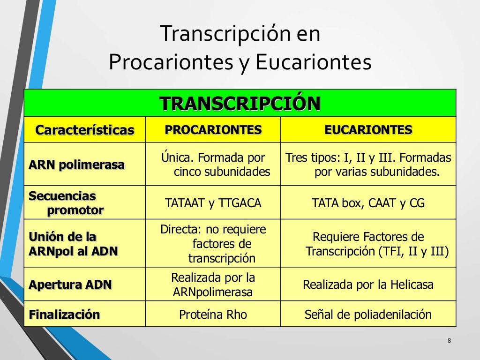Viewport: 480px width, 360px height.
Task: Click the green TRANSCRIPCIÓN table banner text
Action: click(240, 103)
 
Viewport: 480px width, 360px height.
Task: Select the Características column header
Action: click(85, 130)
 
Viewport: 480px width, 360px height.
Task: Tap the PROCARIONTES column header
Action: click(213, 129)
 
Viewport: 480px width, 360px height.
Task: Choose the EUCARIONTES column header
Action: click(368, 129)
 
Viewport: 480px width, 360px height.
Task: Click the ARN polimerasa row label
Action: click(77, 165)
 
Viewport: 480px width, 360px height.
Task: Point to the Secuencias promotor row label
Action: click(66, 202)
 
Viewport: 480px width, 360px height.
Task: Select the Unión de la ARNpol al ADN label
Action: click(73, 244)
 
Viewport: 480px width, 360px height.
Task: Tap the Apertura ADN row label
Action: click(70, 285)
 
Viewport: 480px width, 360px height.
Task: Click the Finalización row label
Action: click(65, 314)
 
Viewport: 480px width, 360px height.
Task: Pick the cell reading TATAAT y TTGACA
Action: click(213, 203)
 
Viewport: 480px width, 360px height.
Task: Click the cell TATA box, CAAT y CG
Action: click(368, 203)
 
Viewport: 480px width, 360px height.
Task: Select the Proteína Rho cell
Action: click(213, 315)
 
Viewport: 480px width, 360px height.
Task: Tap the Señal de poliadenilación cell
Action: click(368, 315)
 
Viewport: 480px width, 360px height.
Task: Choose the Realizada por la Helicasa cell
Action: click(368, 285)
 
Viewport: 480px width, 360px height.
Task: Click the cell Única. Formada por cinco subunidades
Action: click(213, 165)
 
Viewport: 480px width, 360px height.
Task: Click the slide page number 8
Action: click(449, 340)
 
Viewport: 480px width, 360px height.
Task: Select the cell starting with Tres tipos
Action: click(368, 165)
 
